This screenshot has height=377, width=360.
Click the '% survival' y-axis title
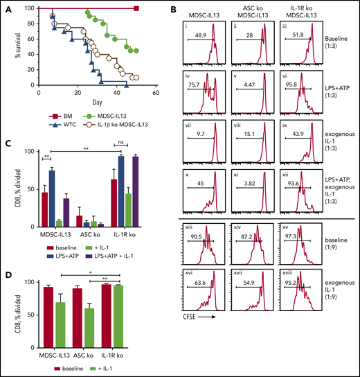coord(9,46)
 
